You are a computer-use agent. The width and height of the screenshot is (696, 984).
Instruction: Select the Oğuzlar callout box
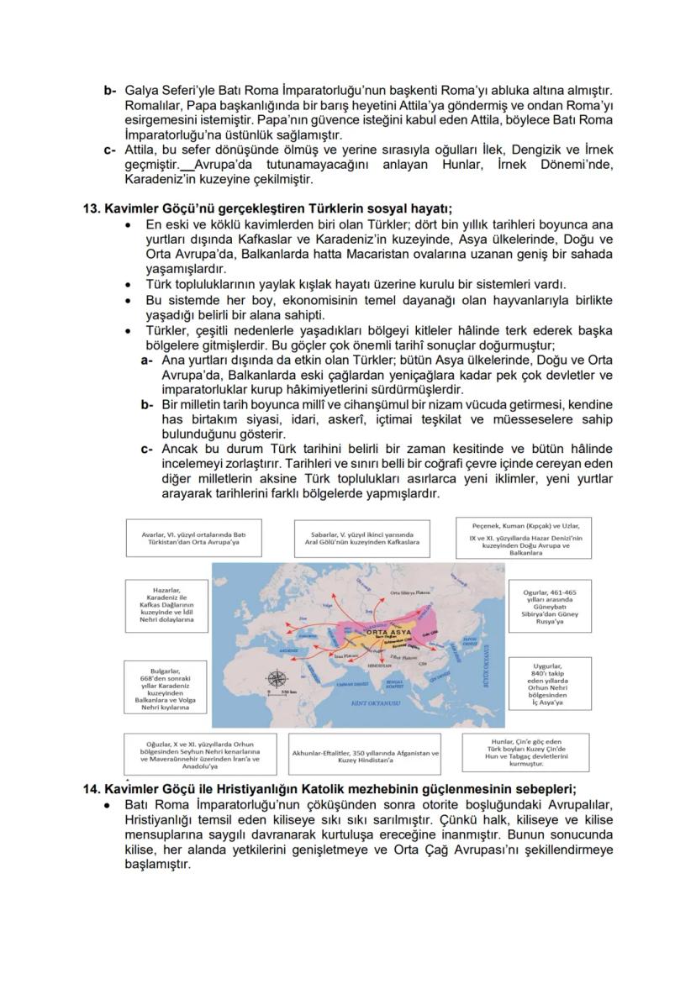(x=199, y=755)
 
